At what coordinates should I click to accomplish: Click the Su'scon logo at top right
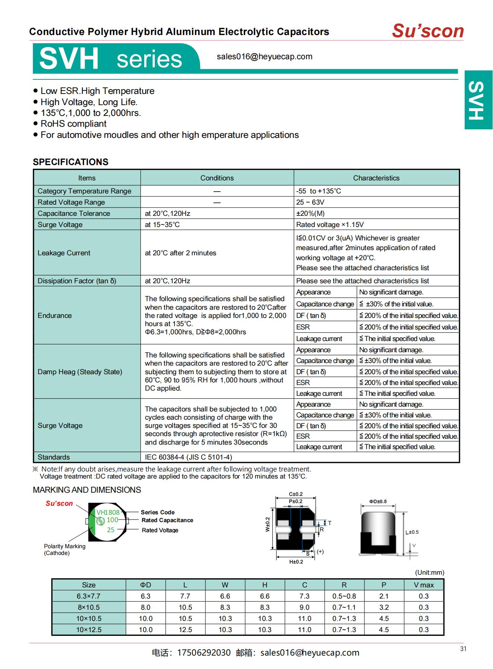point(428,31)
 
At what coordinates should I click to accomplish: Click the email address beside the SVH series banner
point(265,57)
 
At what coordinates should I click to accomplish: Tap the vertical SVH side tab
point(478,100)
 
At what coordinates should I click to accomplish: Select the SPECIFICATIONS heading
point(70,162)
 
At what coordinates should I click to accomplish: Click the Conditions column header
point(217,178)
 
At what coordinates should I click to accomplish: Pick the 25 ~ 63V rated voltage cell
point(310,202)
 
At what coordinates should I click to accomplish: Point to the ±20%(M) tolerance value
point(310,214)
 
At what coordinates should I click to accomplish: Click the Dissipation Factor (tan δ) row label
point(77,281)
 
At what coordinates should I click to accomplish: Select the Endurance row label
point(54,316)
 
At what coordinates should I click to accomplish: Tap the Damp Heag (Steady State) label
point(80,372)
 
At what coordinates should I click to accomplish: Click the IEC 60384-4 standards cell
point(188,457)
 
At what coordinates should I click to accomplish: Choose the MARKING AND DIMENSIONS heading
point(87,490)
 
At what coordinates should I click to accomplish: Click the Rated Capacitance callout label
point(167,520)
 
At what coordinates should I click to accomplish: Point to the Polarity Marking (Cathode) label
point(64,550)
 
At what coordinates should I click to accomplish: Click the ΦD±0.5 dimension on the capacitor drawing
point(378,501)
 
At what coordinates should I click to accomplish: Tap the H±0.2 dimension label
point(296,562)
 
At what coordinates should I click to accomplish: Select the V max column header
point(424,585)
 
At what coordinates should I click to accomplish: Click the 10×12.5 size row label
point(89,630)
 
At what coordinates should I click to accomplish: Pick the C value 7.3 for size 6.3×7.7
point(304,596)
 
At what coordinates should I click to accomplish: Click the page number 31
point(463,649)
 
